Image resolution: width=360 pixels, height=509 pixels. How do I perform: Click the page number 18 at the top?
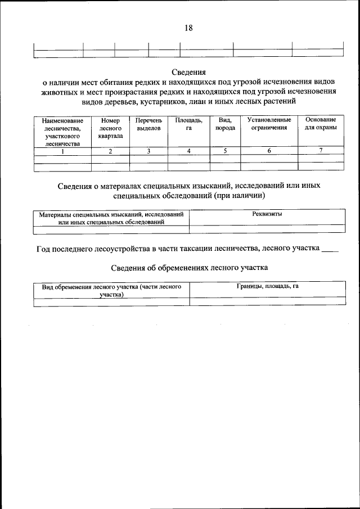click(188, 28)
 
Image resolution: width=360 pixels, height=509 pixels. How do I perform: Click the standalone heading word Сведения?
click(188, 72)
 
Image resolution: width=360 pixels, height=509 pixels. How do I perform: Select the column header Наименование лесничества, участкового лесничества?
click(62, 132)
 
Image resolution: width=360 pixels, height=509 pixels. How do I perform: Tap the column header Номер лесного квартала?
click(110, 128)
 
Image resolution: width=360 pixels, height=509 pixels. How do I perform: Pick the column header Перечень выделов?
click(148, 124)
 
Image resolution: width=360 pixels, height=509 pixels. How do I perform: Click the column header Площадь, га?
click(188, 124)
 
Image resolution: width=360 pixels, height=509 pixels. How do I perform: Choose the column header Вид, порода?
click(225, 124)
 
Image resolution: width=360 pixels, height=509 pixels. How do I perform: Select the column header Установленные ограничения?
click(269, 124)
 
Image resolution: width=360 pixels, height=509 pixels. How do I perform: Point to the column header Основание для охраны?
click(321, 124)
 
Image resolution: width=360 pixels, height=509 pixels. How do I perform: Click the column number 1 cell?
click(62, 151)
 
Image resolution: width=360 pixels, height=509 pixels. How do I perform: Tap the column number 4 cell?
click(188, 151)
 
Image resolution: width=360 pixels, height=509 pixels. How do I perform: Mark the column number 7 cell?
click(321, 151)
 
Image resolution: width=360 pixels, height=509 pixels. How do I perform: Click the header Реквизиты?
click(267, 214)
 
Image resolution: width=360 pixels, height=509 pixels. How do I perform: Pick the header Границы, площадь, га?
click(267, 286)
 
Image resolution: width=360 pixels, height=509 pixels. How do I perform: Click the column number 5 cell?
click(225, 151)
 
